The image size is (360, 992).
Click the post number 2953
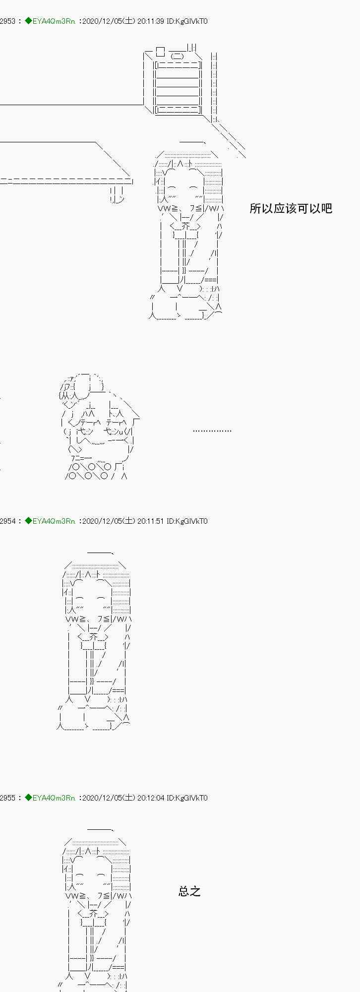tap(7, 21)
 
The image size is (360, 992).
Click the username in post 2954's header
tap(54, 521)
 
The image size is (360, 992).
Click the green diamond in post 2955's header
tap(28, 798)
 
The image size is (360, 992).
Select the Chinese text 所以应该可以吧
tap(291, 208)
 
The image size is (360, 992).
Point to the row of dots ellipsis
tap(212, 431)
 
